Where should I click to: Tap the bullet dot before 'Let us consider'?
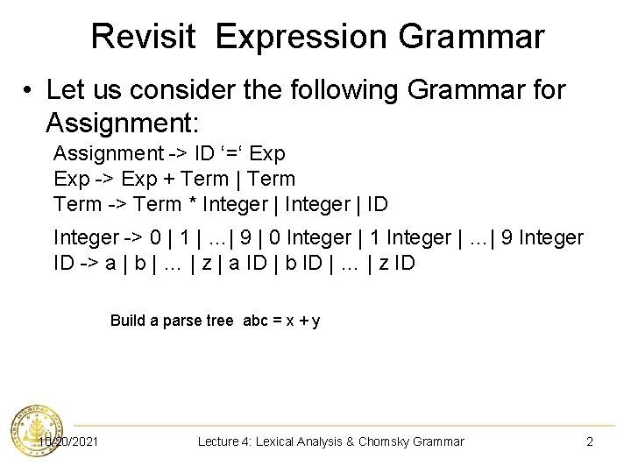click(28, 90)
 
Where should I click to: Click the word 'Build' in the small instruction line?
click(127, 321)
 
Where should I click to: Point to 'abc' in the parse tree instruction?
click(255, 321)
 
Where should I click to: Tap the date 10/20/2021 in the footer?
click(68, 441)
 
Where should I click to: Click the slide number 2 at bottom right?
click(590, 441)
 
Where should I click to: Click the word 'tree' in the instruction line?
click(220, 321)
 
